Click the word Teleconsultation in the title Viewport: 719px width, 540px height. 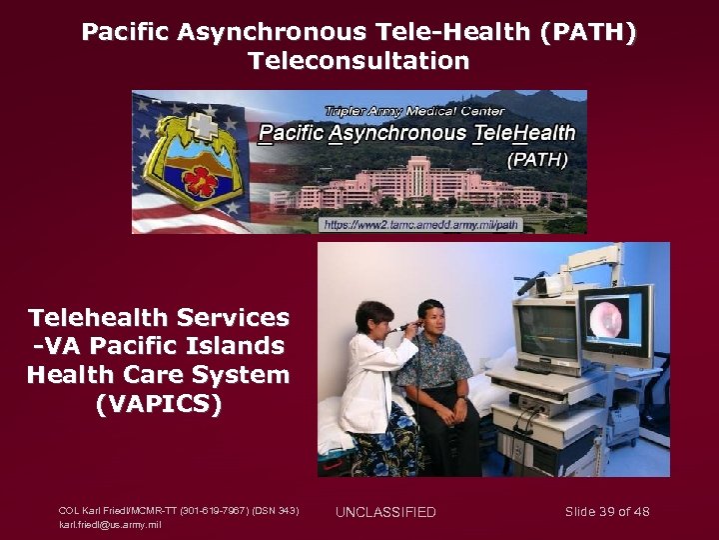359,61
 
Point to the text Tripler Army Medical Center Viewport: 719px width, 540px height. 413,111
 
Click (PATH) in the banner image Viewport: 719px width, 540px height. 537,158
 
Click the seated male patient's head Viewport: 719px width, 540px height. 430,320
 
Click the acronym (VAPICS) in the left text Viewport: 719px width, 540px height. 158,405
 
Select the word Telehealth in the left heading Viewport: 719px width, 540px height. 99,318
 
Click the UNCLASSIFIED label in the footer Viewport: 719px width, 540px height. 385,513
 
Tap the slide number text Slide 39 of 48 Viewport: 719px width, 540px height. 607,512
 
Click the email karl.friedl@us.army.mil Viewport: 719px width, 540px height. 110,524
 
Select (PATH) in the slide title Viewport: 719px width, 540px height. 587,32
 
